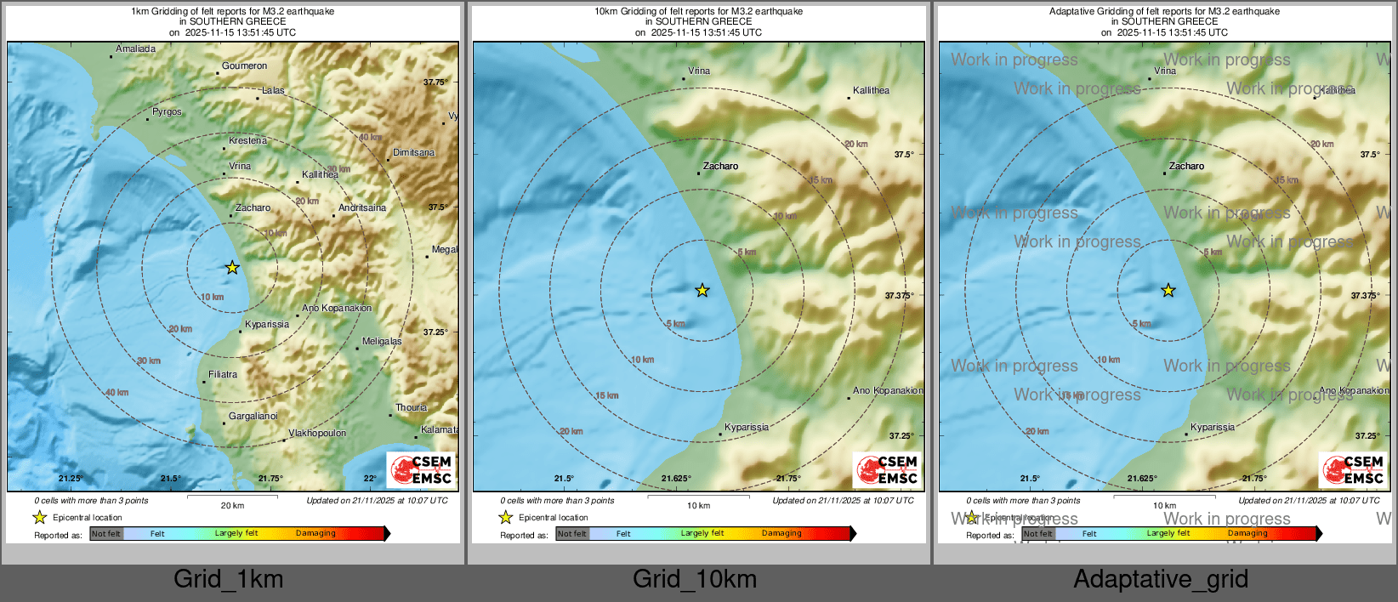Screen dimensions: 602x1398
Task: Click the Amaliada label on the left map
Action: (136, 49)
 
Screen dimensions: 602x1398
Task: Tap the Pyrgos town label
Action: (167, 112)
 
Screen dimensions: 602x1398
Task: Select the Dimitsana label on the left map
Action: (413, 153)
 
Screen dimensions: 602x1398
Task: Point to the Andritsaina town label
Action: (362, 208)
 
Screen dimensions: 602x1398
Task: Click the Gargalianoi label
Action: (253, 417)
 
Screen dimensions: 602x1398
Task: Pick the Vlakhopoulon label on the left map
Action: (317, 434)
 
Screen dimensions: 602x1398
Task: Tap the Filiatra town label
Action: (223, 375)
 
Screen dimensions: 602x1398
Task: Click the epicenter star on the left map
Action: (232, 268)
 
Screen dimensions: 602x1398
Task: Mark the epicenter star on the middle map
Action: (702, 291)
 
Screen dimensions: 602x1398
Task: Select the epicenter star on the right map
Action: (1168, 291)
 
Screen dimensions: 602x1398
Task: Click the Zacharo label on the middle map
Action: (720, 167)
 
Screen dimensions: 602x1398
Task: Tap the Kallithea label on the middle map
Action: (871, 91)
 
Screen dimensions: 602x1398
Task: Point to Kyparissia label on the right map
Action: (1213, 428)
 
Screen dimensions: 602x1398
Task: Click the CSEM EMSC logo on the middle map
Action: (887, 469)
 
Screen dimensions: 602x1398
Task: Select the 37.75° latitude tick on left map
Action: (435, 82)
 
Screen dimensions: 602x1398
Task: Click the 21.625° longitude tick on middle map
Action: (676, 479)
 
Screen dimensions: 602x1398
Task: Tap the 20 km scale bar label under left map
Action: (232, 506)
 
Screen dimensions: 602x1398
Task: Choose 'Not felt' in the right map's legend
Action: (1037, 534)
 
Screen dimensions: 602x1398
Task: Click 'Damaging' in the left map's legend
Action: (315, 534)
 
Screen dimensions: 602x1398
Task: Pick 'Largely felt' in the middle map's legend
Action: (702, 534)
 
